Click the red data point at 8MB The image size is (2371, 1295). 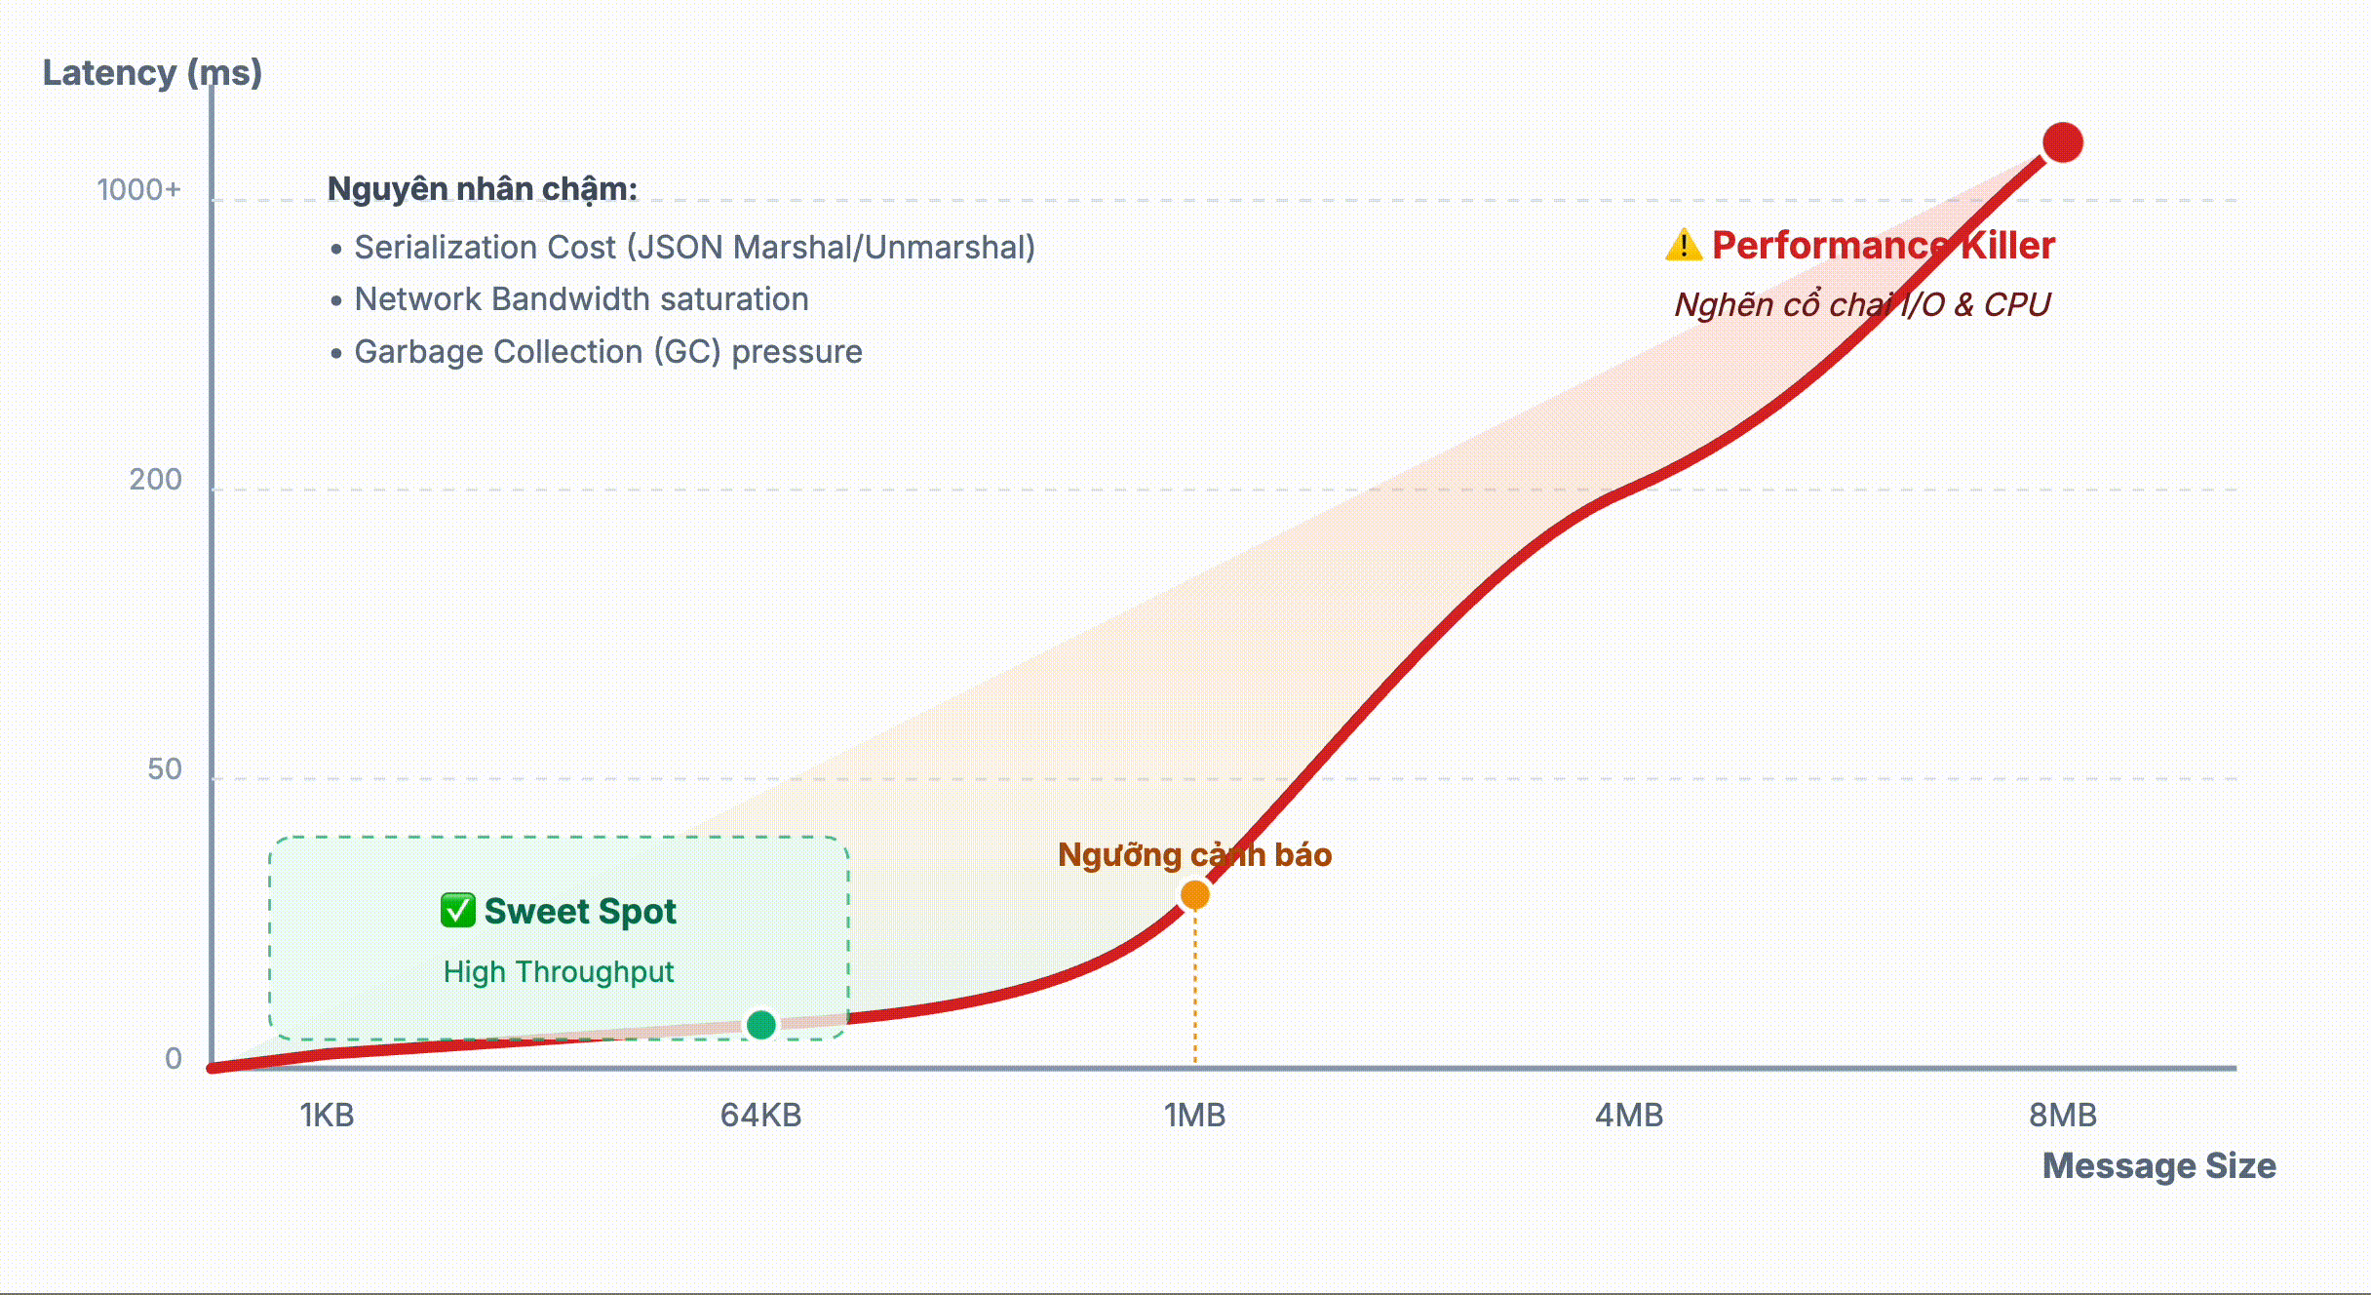pos(2062,142)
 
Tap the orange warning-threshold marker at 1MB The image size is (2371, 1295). pos(1194,894)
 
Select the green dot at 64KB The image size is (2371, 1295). pos(760,1024)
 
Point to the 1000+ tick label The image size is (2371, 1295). pos(138,189)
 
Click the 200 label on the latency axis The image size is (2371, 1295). pos(155,479)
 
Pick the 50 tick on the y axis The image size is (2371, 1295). pos(164,769)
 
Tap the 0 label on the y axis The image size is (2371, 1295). pos(173,1058)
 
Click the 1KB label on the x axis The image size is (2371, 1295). pos(327,1115)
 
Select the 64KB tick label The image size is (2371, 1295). pos(760,1115)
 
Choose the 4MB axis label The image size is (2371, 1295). pos(1628,1115)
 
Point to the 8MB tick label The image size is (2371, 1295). pos(2062,1115)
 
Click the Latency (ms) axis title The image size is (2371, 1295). pos(152,72)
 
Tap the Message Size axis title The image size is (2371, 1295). pos(2158,1165)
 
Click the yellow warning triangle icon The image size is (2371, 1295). pos(1683,245)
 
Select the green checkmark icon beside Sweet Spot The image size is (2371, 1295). pos(457,910)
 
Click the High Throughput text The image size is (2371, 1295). pos(558,971)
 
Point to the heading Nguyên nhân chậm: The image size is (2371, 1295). pos(482,188)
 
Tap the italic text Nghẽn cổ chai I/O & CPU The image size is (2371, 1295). pos(1862,304)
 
